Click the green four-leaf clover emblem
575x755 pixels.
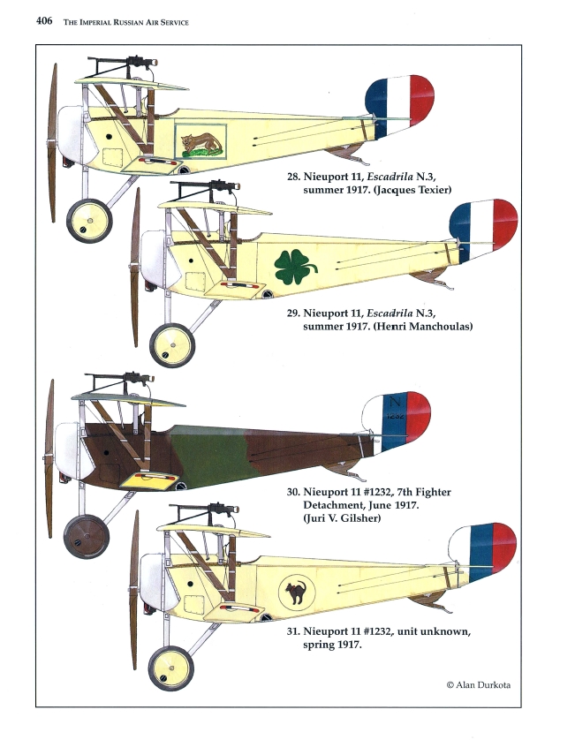click(295, 264)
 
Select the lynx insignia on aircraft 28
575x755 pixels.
click(200, 142)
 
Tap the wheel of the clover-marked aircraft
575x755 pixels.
click(171, 344)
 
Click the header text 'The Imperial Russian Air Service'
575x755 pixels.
click(126, 20)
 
